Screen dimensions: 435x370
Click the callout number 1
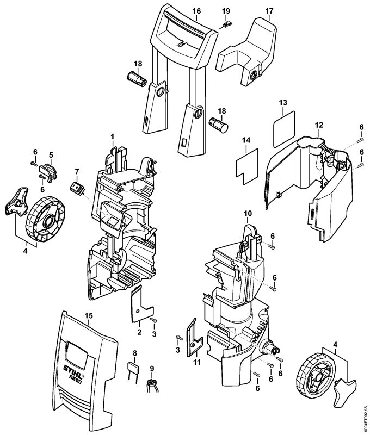(x=112, y=135)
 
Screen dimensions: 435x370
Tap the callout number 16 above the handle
(x=196, y=11)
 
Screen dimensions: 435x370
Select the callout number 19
(x=226, y=11)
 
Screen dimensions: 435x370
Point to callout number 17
(x=269, y=11)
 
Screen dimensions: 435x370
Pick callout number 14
(x=246, y=140)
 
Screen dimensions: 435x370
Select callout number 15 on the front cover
(x=89, y=315)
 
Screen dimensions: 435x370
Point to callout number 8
(x=134, y=353)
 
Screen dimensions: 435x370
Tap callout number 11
(x=198, y=361)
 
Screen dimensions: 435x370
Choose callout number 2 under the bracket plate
(x=139, y=331)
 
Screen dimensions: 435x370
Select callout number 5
(x=51, y=155)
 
